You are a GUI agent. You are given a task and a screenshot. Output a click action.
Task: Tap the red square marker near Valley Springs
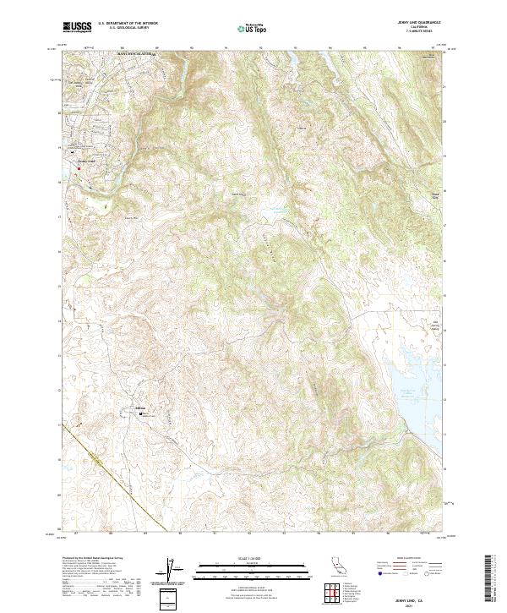79,167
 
